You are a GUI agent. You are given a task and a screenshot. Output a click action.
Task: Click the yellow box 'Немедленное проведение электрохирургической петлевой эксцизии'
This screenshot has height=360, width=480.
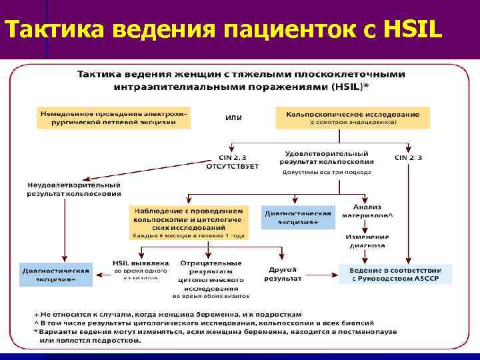pyautogui.click(x=113, y=118)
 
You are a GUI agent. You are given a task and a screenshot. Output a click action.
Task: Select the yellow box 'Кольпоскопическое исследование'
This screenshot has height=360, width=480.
pyautogui.click(x=352, y=118)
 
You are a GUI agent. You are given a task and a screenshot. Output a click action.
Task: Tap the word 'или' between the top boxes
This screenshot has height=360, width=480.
pyautogui.click(x=233, y=117)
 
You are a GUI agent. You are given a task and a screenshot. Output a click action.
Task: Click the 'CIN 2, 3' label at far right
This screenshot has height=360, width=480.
pyautogui.click(x=407, y=157)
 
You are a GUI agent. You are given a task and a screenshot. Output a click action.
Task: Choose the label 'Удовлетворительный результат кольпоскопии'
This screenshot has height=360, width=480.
pyautogui.click(x=327, y=157)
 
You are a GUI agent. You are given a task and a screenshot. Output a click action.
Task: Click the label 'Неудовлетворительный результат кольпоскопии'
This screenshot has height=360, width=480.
pyautogui.click(x=74, y=189)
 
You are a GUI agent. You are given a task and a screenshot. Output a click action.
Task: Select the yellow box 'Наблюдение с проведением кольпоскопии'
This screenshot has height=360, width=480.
pyautogui.click(x=189, y=222)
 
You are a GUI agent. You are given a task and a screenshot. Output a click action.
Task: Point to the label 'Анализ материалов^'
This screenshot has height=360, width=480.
pyautogui.click(x=367, y=211)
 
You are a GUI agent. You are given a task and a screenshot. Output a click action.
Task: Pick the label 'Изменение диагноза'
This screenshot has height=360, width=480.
pyautogui.click(x=367, y=241)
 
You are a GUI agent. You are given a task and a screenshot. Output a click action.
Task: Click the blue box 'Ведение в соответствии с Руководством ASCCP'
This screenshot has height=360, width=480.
pyautogui.click(x=395, y=275)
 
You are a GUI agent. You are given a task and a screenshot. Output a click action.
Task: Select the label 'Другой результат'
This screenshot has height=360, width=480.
pyautogui.click(x=282, y=274)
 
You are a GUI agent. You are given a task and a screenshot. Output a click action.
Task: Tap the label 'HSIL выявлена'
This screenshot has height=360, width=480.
pyautogui.click(x=141, y=263)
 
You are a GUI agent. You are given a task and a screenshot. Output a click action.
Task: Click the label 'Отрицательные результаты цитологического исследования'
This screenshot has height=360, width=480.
pyautogui.click(x=211, y=275)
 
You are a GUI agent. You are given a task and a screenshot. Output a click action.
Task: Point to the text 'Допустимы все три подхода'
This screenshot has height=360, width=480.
pyautogui.click(x=327, y=172)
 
